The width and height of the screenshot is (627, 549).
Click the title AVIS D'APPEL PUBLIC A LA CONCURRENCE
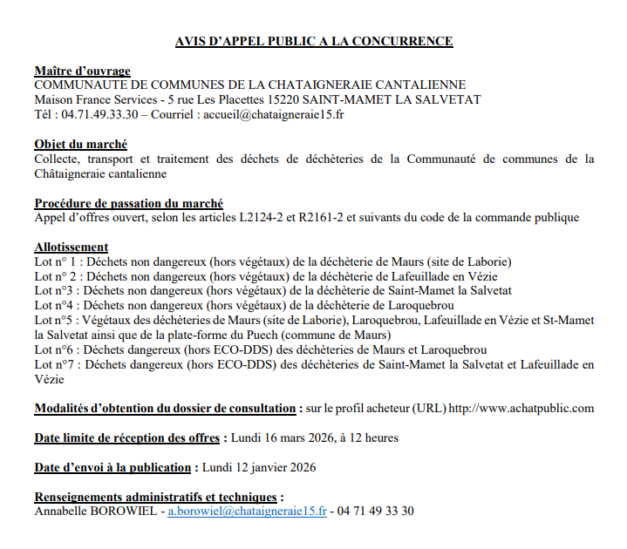(x=314, y=41)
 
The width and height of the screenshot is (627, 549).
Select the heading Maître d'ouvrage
(x=82, y=71)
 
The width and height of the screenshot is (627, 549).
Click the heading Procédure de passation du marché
(x=128, y=202)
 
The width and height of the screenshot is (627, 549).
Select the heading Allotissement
(x=71, y=247)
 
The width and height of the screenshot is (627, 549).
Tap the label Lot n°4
(x=54, y=305)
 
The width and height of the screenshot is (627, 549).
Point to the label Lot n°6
(x=54, y=349)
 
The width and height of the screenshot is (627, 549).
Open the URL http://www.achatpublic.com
(x=521, y=408)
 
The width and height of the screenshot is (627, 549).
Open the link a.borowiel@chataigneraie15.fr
(x=247, y=511)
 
